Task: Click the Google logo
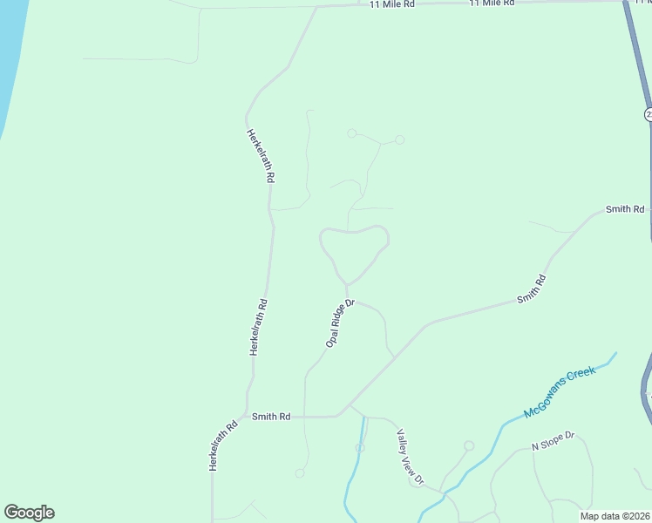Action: pyautogui.click(x=29, y=513)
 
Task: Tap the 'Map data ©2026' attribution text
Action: pyautogui.click(x=614, y=516)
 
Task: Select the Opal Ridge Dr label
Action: pyautogui.click(x=340, y=324)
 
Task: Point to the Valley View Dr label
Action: pyautogui.click(x=410, y=458)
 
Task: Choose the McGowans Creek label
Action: pyautogui.click(x=560, y=392)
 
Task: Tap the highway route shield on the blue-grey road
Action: pyautogui.click(x=649, y=115)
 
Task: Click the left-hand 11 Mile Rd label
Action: pyautogui.click(x=391, y=5)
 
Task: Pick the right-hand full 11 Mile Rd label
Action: pyautogui.click(x=492, y=3)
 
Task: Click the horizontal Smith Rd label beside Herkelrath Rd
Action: pyautogui.click(x=271, y=417)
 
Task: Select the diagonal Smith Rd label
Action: pyautogui.click(x=531, y=289)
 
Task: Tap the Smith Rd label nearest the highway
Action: pyautogui.click(x=625, y=209)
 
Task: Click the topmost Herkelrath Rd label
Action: pyautogui.click(x=261, y=155)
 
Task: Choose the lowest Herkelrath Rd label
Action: pyautogui.click(x=223, y=447)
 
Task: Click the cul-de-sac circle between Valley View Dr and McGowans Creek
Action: pyautogui.click(x=469, y=446)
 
